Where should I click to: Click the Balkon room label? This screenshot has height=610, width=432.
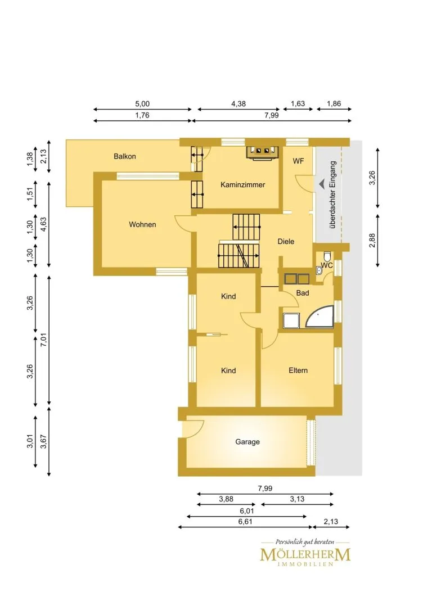[124, 156]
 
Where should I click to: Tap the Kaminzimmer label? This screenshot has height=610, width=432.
[242, 185]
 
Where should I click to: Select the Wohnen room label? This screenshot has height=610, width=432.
[142, 224]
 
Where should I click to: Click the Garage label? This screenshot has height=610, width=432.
[247, 442]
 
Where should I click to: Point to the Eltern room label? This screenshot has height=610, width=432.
[298, 370]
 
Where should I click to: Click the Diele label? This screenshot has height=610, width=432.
[286, 242]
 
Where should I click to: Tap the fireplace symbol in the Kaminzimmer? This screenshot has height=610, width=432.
[262, 152]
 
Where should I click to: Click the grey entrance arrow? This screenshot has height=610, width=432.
[322, 184]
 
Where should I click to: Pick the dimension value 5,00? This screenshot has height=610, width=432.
[142, 104]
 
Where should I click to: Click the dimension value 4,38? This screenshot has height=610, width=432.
[238, 104]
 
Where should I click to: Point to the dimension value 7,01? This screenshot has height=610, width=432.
[43, 340]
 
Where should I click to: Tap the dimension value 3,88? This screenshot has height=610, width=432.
[226, 499]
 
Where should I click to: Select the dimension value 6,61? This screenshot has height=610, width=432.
[245, 522]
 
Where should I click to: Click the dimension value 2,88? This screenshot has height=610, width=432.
[372, 241]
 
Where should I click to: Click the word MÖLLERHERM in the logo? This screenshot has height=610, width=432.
[305, 554]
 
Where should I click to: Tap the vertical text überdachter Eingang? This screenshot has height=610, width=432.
[332, 195]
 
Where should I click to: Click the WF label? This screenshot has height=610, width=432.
[298, 161]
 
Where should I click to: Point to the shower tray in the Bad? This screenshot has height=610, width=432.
[291, 320]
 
